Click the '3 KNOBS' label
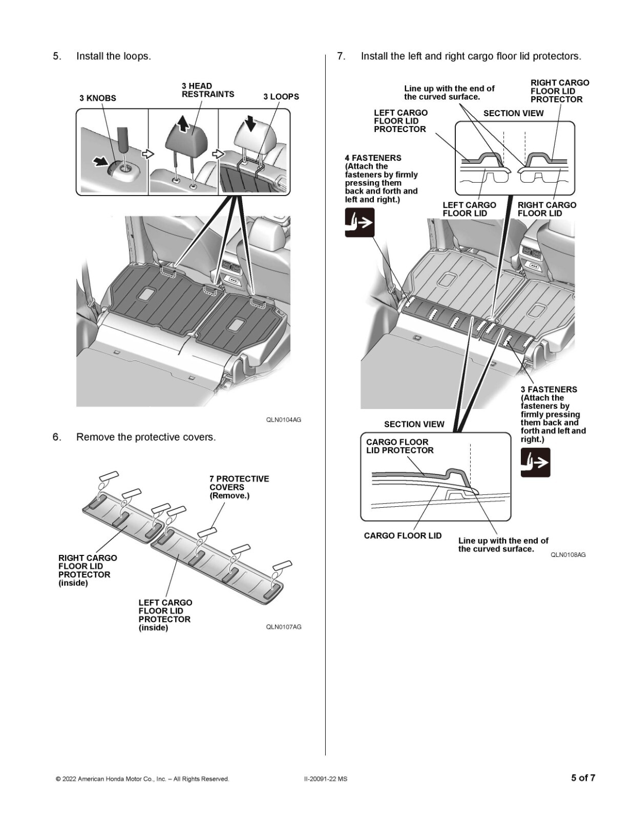pyautogui.click(x=97, y=98)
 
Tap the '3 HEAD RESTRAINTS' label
pyautogui.click(x=207, y=90)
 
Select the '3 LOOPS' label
pyautogui.click(x=281, y=96)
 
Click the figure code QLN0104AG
pyautogui.click(x=283, y=420)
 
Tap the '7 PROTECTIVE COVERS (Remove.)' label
pyautogui.click(x=239, y=487)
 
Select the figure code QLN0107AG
pyautogui.click(x=283, y=627)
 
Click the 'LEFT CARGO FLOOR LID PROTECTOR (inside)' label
pyautogui.click(x=165, y=615)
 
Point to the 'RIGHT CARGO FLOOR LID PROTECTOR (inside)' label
pyautogui.click(x=88, y=570)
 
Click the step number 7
pyautogui.click(x=341, y=56)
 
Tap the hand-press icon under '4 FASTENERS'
pyautogui.click(x=360, y=222)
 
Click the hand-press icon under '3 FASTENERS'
pyautogui.click(x=535, y=462)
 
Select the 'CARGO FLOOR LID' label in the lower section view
pyautogui.click(x=403, y=535)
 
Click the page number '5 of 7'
pyautogui.click(x=583, y=778)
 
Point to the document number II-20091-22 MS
pyautogui.click(x=325, y=779)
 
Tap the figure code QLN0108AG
pyautogui.click(x=568, y=555)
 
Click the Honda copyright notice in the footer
pyautogui.click(x=142, y=779)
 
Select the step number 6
pyautogui.click(x=56, y=437)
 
